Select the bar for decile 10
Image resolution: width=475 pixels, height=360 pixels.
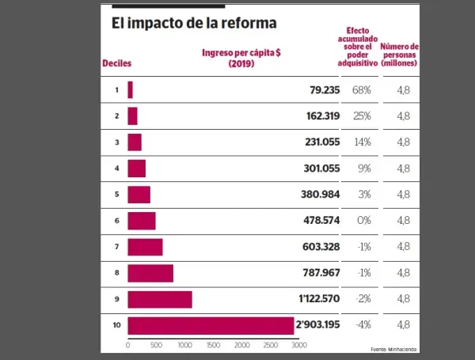(211, 325)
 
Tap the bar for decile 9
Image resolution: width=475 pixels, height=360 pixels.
(159, 299)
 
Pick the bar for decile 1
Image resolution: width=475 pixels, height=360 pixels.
(130, 89)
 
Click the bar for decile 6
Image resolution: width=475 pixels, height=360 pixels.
(141, 221)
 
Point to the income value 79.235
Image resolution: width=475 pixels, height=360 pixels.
(324, 89)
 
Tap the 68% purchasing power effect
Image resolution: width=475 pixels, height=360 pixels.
(362, 89)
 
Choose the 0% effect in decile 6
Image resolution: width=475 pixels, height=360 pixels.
(363, 221)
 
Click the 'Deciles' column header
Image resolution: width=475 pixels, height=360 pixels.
(116, 63)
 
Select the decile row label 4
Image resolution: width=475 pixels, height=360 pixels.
(116, 169)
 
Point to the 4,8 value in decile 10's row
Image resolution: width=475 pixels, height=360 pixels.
(404, 325)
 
